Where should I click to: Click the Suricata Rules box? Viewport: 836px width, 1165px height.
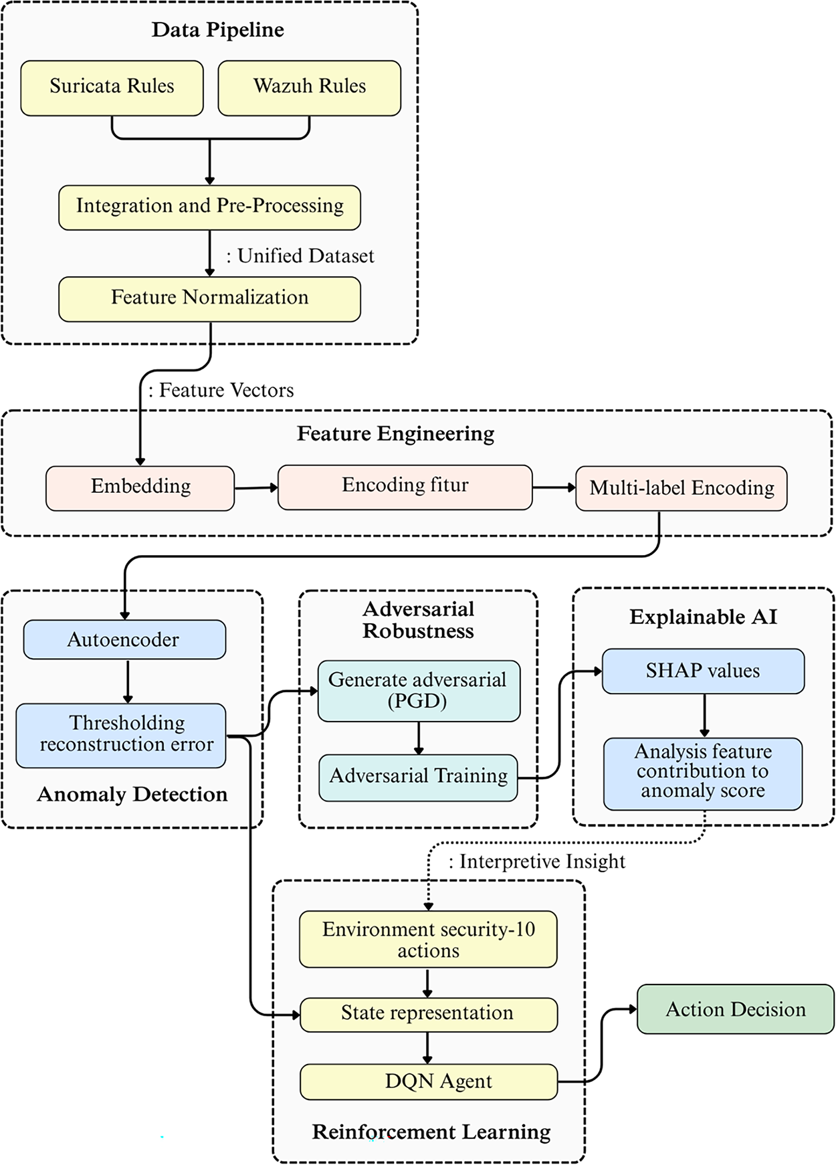(112, 88)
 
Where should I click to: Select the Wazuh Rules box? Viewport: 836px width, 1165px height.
(310, 88)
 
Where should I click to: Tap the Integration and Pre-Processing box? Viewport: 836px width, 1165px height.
(209, 207)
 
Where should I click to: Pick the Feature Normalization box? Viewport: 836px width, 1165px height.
(209, 299)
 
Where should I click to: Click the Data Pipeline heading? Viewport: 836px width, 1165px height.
(217, 30)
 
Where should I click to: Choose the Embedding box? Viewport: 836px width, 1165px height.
(140, 488)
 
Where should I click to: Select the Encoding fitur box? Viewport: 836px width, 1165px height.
(405, 487)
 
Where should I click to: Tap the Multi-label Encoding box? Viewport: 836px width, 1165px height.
(681, 488)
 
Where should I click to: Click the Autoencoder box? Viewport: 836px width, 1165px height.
(124, 639)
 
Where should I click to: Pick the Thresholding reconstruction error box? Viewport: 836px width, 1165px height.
(121, 735)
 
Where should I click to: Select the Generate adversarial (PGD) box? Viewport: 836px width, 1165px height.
(419, 691)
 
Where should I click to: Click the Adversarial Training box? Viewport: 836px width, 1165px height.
(418, 777)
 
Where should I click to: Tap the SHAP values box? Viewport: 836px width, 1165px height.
(703, 671)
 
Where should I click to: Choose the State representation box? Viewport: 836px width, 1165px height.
(428, 1014)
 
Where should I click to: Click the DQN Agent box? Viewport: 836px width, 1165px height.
(428, 1081)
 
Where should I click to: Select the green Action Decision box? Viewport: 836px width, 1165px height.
(736, 1009)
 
